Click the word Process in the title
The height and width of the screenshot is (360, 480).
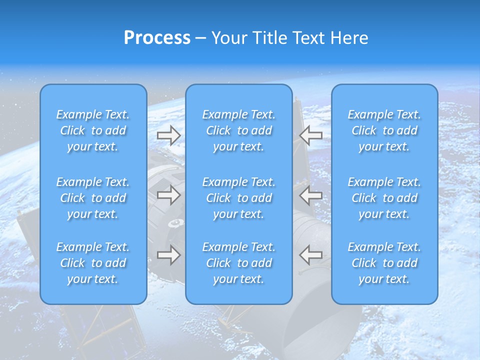(157, 38)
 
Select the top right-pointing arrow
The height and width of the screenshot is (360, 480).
(169, 135)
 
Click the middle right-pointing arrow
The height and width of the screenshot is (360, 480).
(169, 195)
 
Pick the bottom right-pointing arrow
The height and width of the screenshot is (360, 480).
(169, 254)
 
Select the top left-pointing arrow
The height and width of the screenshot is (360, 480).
(310, 135)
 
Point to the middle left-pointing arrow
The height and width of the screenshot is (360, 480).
(310, 195)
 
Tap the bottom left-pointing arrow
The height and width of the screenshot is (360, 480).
(310, 254)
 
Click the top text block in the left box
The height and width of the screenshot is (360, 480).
(93, 130)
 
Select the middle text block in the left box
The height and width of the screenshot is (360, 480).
(93, 198)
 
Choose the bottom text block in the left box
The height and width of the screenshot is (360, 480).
(93, 263)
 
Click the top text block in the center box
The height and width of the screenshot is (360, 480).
(238, 130)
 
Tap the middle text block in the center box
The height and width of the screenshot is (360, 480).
(238, 198)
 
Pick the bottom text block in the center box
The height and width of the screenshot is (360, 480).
(238, 263)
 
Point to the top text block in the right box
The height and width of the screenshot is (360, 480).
(384, 130)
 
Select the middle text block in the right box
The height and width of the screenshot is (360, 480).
(384, 198)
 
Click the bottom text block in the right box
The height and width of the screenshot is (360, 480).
(384, 263)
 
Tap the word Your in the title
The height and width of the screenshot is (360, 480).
(228, 38)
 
